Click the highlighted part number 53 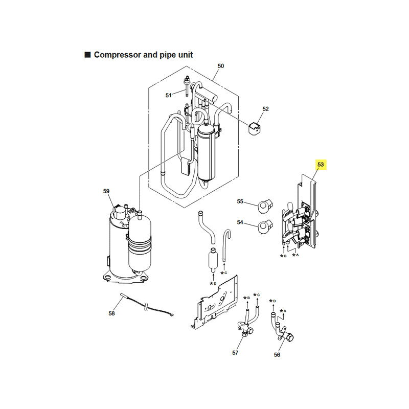click(321, 165)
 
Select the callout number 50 click(221, 66)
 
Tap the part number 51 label click(169, 96)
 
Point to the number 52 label click(265, 109)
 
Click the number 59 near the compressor click(106, 191)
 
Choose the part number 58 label click(111, 313)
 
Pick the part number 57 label click(235, 353)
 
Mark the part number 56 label click(277, 355)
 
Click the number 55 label click(240, 201)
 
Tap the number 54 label click(240, 222)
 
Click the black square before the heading click(87, 55)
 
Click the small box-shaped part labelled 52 click(254, 129)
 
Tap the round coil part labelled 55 click(264, 206)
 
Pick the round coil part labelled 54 click(264, 226)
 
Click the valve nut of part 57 click(245, 334)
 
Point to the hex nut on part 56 click(289, 337)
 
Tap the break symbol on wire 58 click(146, 307)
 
